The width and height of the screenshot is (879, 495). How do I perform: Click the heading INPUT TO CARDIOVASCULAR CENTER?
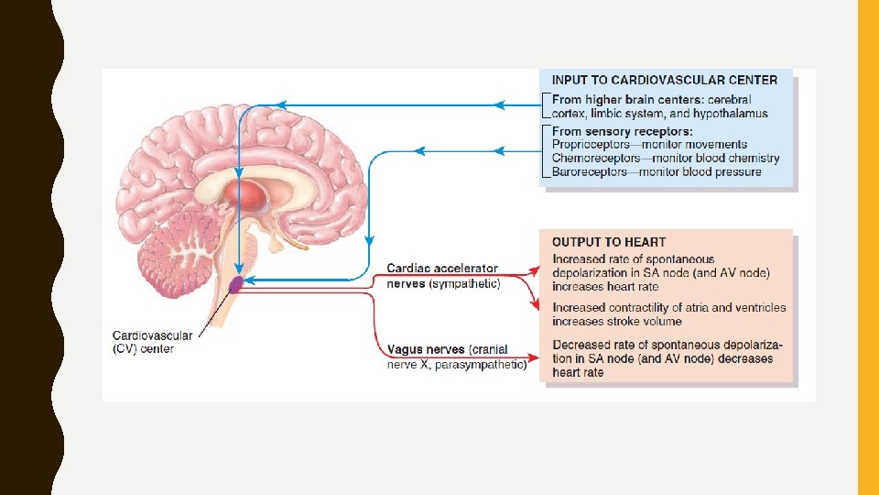[665, 80]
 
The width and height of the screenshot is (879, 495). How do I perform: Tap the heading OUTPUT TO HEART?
[609, 242]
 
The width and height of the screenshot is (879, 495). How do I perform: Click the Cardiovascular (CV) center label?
[144, 341]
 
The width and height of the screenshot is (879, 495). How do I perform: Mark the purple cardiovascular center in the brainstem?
[236, 284]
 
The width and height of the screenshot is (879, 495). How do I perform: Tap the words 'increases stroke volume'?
[617, 322]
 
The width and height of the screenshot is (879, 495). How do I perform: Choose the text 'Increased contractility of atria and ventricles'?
[668, 308]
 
